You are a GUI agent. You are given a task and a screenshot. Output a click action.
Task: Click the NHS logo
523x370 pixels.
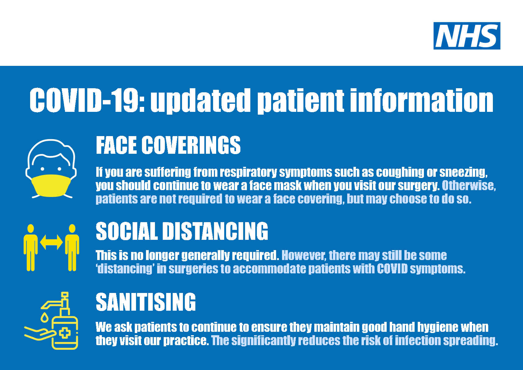point(466,36)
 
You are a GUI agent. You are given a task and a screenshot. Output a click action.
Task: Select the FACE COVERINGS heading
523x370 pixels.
point(168,145)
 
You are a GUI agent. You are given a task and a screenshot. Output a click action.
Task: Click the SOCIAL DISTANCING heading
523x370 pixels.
point(182,231)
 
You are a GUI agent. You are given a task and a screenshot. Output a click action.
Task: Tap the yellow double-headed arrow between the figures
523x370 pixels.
point(51,242)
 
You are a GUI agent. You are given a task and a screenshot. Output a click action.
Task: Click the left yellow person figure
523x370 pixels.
point(30,247)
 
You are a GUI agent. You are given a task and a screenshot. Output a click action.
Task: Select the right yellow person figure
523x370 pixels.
point(72,247)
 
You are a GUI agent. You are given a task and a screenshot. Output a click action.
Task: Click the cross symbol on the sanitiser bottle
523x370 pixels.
point(65,333)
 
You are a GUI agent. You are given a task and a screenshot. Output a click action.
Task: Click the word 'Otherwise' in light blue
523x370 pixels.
point(468,185)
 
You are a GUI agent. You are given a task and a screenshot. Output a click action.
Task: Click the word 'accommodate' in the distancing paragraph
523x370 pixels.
point(269,269)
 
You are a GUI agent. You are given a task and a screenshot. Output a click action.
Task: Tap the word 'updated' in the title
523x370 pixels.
point(200,100)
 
